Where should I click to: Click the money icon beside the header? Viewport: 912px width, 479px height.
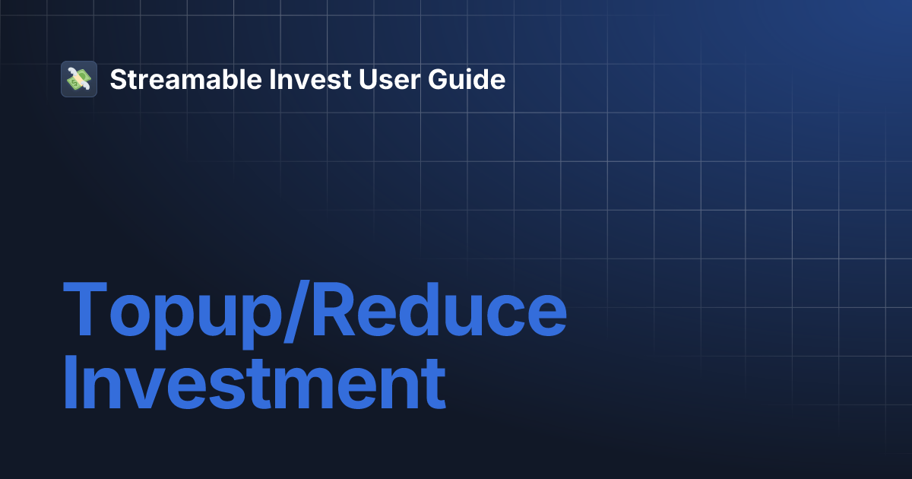pos(79,79)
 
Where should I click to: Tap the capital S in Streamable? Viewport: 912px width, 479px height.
pos(118,79)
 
